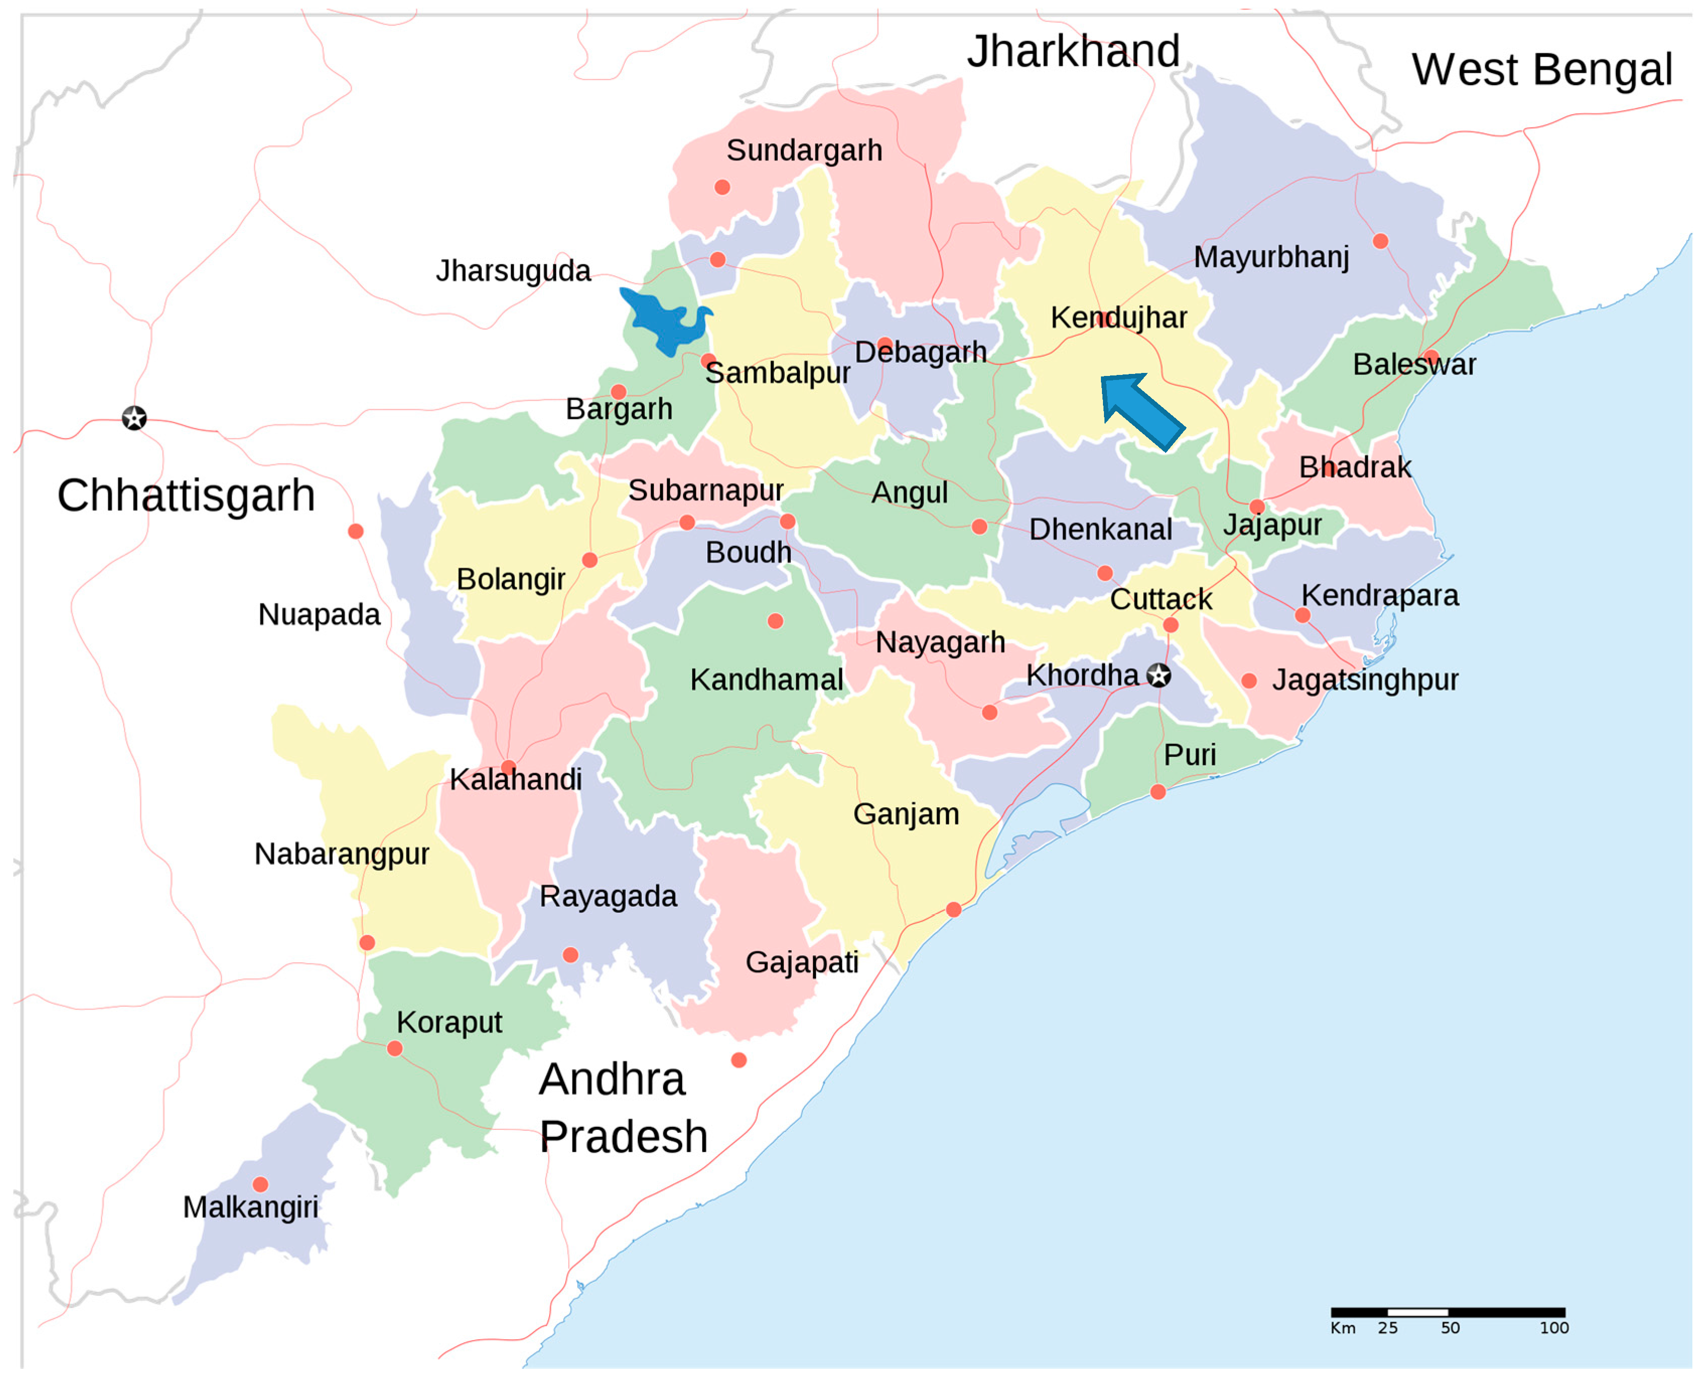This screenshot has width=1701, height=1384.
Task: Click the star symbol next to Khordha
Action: (1159, 675)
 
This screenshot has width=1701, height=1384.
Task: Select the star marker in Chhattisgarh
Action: (134, 418)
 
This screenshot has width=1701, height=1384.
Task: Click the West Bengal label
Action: (1541, 69)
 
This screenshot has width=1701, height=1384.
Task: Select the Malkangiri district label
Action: (250, 1207)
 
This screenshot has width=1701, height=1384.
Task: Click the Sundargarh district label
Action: (804, 150)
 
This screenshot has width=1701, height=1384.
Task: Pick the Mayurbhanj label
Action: (1271, 257)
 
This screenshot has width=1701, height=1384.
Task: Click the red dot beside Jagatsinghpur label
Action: (1249, 680)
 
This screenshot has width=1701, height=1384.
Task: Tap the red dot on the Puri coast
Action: (1158, 792)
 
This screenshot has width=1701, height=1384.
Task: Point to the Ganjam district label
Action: (906, 814)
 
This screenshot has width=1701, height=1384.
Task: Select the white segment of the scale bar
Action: (1417, 1312)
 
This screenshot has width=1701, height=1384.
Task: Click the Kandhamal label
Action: (766, 679)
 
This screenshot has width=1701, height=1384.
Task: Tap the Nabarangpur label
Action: (341, 854)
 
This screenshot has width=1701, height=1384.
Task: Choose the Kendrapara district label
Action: (1380, 595)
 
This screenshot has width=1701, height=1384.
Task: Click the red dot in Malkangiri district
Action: (260, 1184)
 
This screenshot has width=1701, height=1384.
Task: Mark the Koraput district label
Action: (449, 1022)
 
